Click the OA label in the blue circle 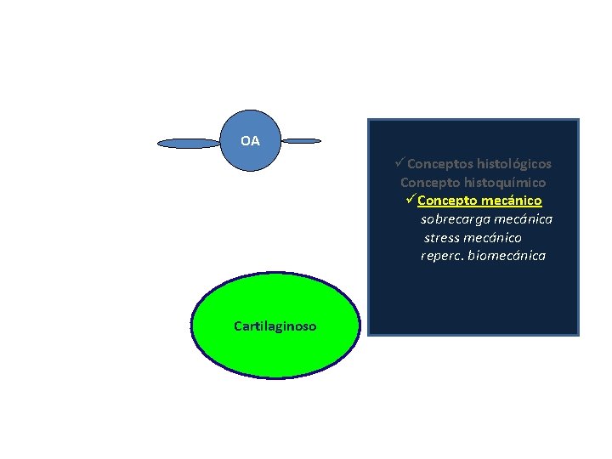click(x=250, y=141)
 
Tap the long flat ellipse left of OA click(x=189, y=144)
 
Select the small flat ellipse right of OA click(x=301, y=140)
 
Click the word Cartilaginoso click(x=275, y=326)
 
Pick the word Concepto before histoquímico click(x=429, y=182)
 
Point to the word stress click(x=442, y=238)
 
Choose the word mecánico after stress click(x=494, y=238)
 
